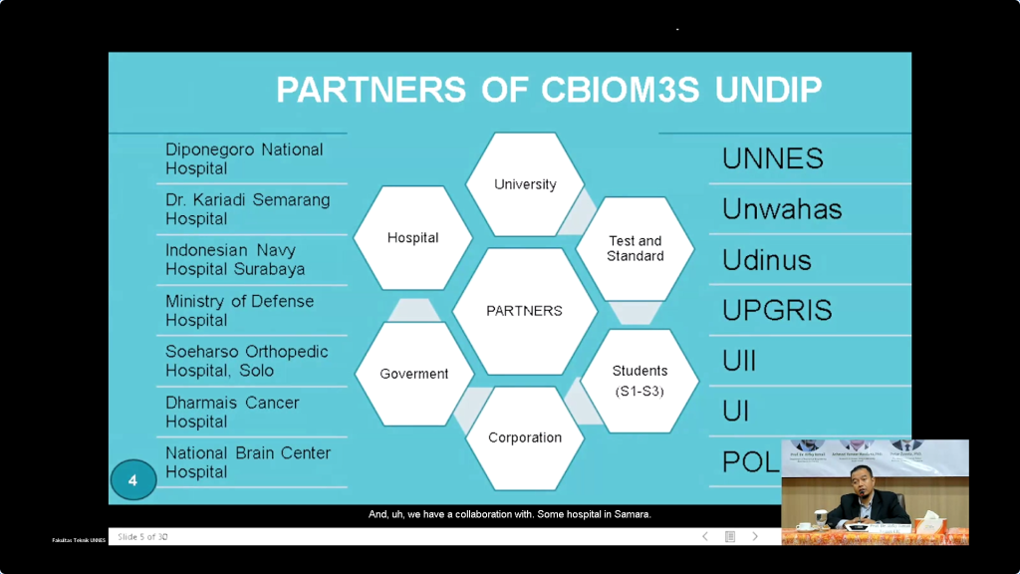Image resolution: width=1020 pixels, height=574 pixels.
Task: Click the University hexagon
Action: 525,184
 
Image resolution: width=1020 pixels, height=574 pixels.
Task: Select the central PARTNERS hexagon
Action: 524,311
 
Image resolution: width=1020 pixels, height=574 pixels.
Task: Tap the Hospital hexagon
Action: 412,238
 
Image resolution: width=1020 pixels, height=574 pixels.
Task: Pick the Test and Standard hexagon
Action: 636,248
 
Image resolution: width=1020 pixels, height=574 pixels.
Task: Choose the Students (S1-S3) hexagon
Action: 639,380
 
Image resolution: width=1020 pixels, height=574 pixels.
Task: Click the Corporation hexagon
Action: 525,437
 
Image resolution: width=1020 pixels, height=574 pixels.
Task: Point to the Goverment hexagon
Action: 414,374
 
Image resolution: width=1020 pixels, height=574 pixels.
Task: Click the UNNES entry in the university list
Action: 773,158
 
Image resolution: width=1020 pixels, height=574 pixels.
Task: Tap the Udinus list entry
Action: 767,260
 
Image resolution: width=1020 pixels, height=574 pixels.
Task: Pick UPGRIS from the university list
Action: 777,310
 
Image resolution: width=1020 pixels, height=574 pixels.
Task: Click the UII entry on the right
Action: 739,361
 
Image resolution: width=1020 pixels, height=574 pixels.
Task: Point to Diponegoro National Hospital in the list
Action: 244,158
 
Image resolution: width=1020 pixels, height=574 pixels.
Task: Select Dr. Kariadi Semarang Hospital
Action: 247,209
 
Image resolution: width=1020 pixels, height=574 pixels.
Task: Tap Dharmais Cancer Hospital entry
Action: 232,412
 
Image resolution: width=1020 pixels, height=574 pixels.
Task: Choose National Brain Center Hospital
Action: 248,462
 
